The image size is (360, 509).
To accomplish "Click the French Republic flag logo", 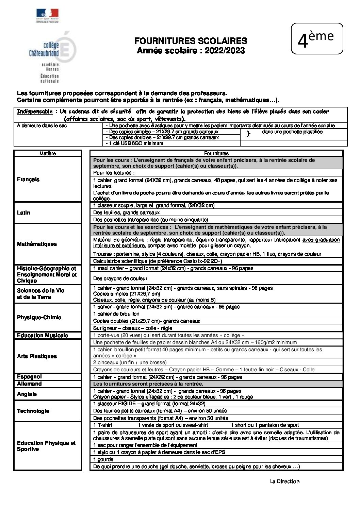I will [48, 15].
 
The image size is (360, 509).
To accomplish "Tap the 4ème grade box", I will [317, 39].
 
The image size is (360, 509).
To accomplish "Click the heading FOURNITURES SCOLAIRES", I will [191, 41].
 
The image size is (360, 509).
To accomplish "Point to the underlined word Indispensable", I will [35, 112].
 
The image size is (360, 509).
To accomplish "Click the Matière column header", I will [48, 153].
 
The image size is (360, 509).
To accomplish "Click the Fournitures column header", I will [216, 153].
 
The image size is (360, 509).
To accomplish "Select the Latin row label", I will [23, 213].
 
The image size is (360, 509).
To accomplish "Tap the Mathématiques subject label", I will [37, 244].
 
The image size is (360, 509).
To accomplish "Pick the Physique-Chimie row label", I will [39, 318].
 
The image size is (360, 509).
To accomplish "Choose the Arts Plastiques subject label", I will [37, 356].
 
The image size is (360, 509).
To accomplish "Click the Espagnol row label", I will [29, 377].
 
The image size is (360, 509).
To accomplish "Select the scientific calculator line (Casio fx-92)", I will [158, 261].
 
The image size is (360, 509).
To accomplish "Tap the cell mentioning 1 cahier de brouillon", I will [116, 314].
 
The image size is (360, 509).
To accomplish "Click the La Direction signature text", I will [284, 481].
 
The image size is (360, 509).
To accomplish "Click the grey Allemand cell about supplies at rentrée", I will [148, 384].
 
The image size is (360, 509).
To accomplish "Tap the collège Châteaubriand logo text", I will [44, 49].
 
